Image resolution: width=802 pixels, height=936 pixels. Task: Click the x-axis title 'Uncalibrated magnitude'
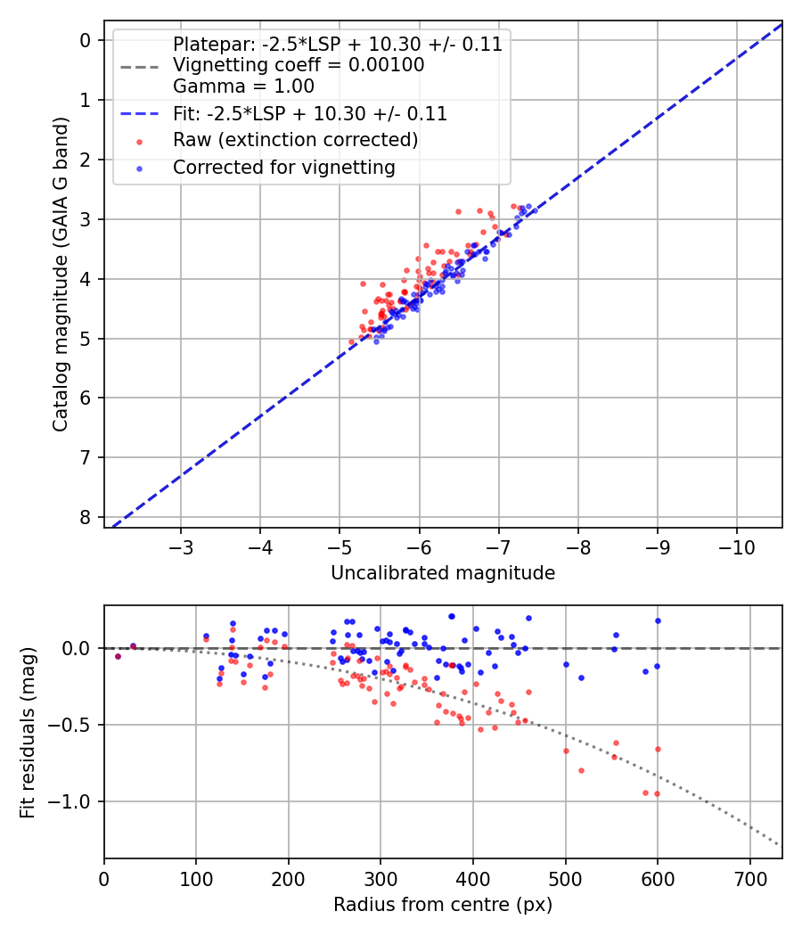pos(443,573)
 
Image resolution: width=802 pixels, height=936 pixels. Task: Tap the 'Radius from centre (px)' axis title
pos(443,905)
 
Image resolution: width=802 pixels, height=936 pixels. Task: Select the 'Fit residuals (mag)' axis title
pos(28,732)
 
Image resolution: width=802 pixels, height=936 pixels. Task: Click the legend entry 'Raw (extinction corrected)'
pos(295,140)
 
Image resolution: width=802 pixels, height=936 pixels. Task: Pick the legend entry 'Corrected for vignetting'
pos(283,168)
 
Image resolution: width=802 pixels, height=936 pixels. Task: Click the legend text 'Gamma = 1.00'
pos(243,86)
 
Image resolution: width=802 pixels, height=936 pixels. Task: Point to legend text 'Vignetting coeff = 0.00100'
pos(299,65)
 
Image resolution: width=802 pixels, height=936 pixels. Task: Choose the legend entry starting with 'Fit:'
pos(309,114)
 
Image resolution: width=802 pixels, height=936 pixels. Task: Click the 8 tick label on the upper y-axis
pos(86,517)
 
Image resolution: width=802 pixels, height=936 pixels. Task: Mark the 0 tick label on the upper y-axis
pos(86,40)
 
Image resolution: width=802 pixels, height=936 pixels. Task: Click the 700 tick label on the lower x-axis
pos(749,878)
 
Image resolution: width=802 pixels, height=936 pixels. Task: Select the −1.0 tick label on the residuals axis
pos(75,802)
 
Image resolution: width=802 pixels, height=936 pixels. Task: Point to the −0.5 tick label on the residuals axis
pos(75,725)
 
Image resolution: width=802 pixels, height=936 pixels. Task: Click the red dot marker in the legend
pos(138,141)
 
